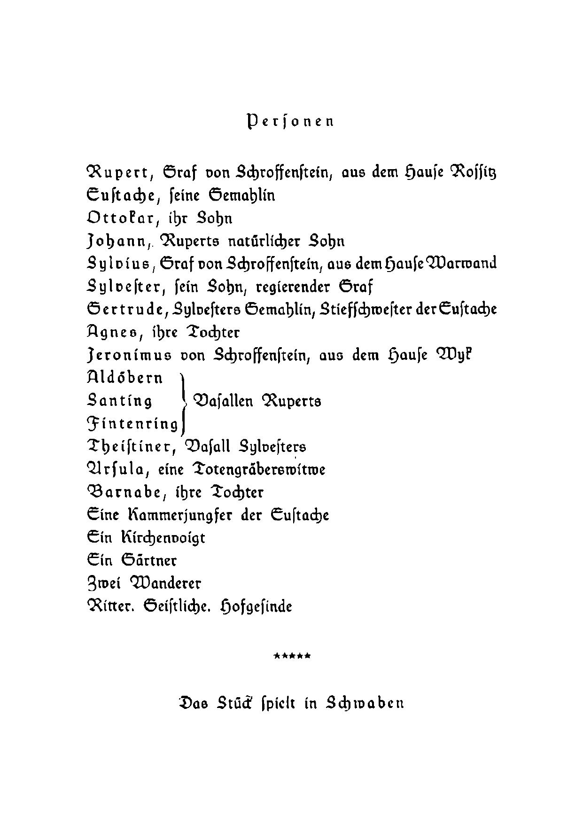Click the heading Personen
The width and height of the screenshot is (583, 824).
click(290, 122)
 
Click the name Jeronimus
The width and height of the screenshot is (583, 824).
click(129, 356)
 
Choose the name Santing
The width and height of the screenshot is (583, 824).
click(120, 401)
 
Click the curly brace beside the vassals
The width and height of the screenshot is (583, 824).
click(185, 402)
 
